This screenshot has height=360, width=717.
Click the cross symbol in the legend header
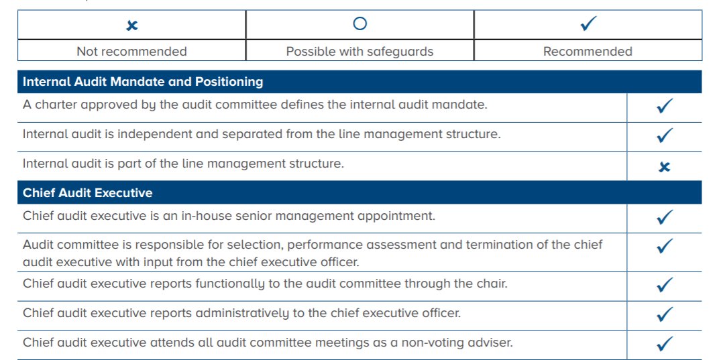[132, 25]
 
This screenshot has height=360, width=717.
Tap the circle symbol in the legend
[360, 24]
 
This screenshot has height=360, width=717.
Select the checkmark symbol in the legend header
[588, 24]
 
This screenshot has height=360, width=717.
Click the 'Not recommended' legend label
[131, 52]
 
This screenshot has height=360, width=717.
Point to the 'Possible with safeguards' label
[360, 52]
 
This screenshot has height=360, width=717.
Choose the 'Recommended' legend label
[588, 52]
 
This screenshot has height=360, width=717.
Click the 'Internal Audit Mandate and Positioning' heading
[143, 82]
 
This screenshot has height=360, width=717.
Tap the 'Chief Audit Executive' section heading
[88, 193]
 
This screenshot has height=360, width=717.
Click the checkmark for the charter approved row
[664, 106]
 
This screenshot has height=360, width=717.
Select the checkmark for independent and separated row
[664, 135]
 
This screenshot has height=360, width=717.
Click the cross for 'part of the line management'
[664, 167]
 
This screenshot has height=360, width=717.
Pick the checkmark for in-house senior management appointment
[664, 217]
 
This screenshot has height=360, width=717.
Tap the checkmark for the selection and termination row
[664, 246]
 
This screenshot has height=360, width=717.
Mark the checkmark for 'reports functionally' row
[664, 285]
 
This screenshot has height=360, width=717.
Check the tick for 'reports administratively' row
[664, 314]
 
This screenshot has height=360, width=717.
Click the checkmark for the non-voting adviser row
[664, 344]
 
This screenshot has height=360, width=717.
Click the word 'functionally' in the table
[230, 284]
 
